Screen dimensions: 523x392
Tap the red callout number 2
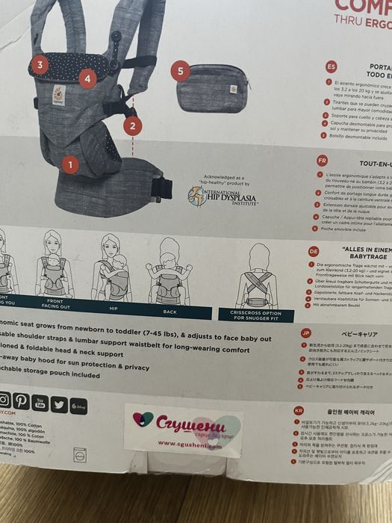(x=132, y=126)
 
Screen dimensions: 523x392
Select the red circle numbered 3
(x=40, y=65)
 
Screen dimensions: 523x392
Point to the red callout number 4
(x=87, y=77)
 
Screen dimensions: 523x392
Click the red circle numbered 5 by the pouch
(x=178, y=72)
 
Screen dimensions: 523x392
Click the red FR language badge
(x=322, y=160)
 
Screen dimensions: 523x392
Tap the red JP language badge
(x=305, y=332)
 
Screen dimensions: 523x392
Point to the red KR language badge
(x=298, y=410)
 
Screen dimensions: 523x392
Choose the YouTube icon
(x=40, y=403)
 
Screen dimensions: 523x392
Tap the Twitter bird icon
(x=60, y=404)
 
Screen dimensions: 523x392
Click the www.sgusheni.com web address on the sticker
(x=187, y=443)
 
